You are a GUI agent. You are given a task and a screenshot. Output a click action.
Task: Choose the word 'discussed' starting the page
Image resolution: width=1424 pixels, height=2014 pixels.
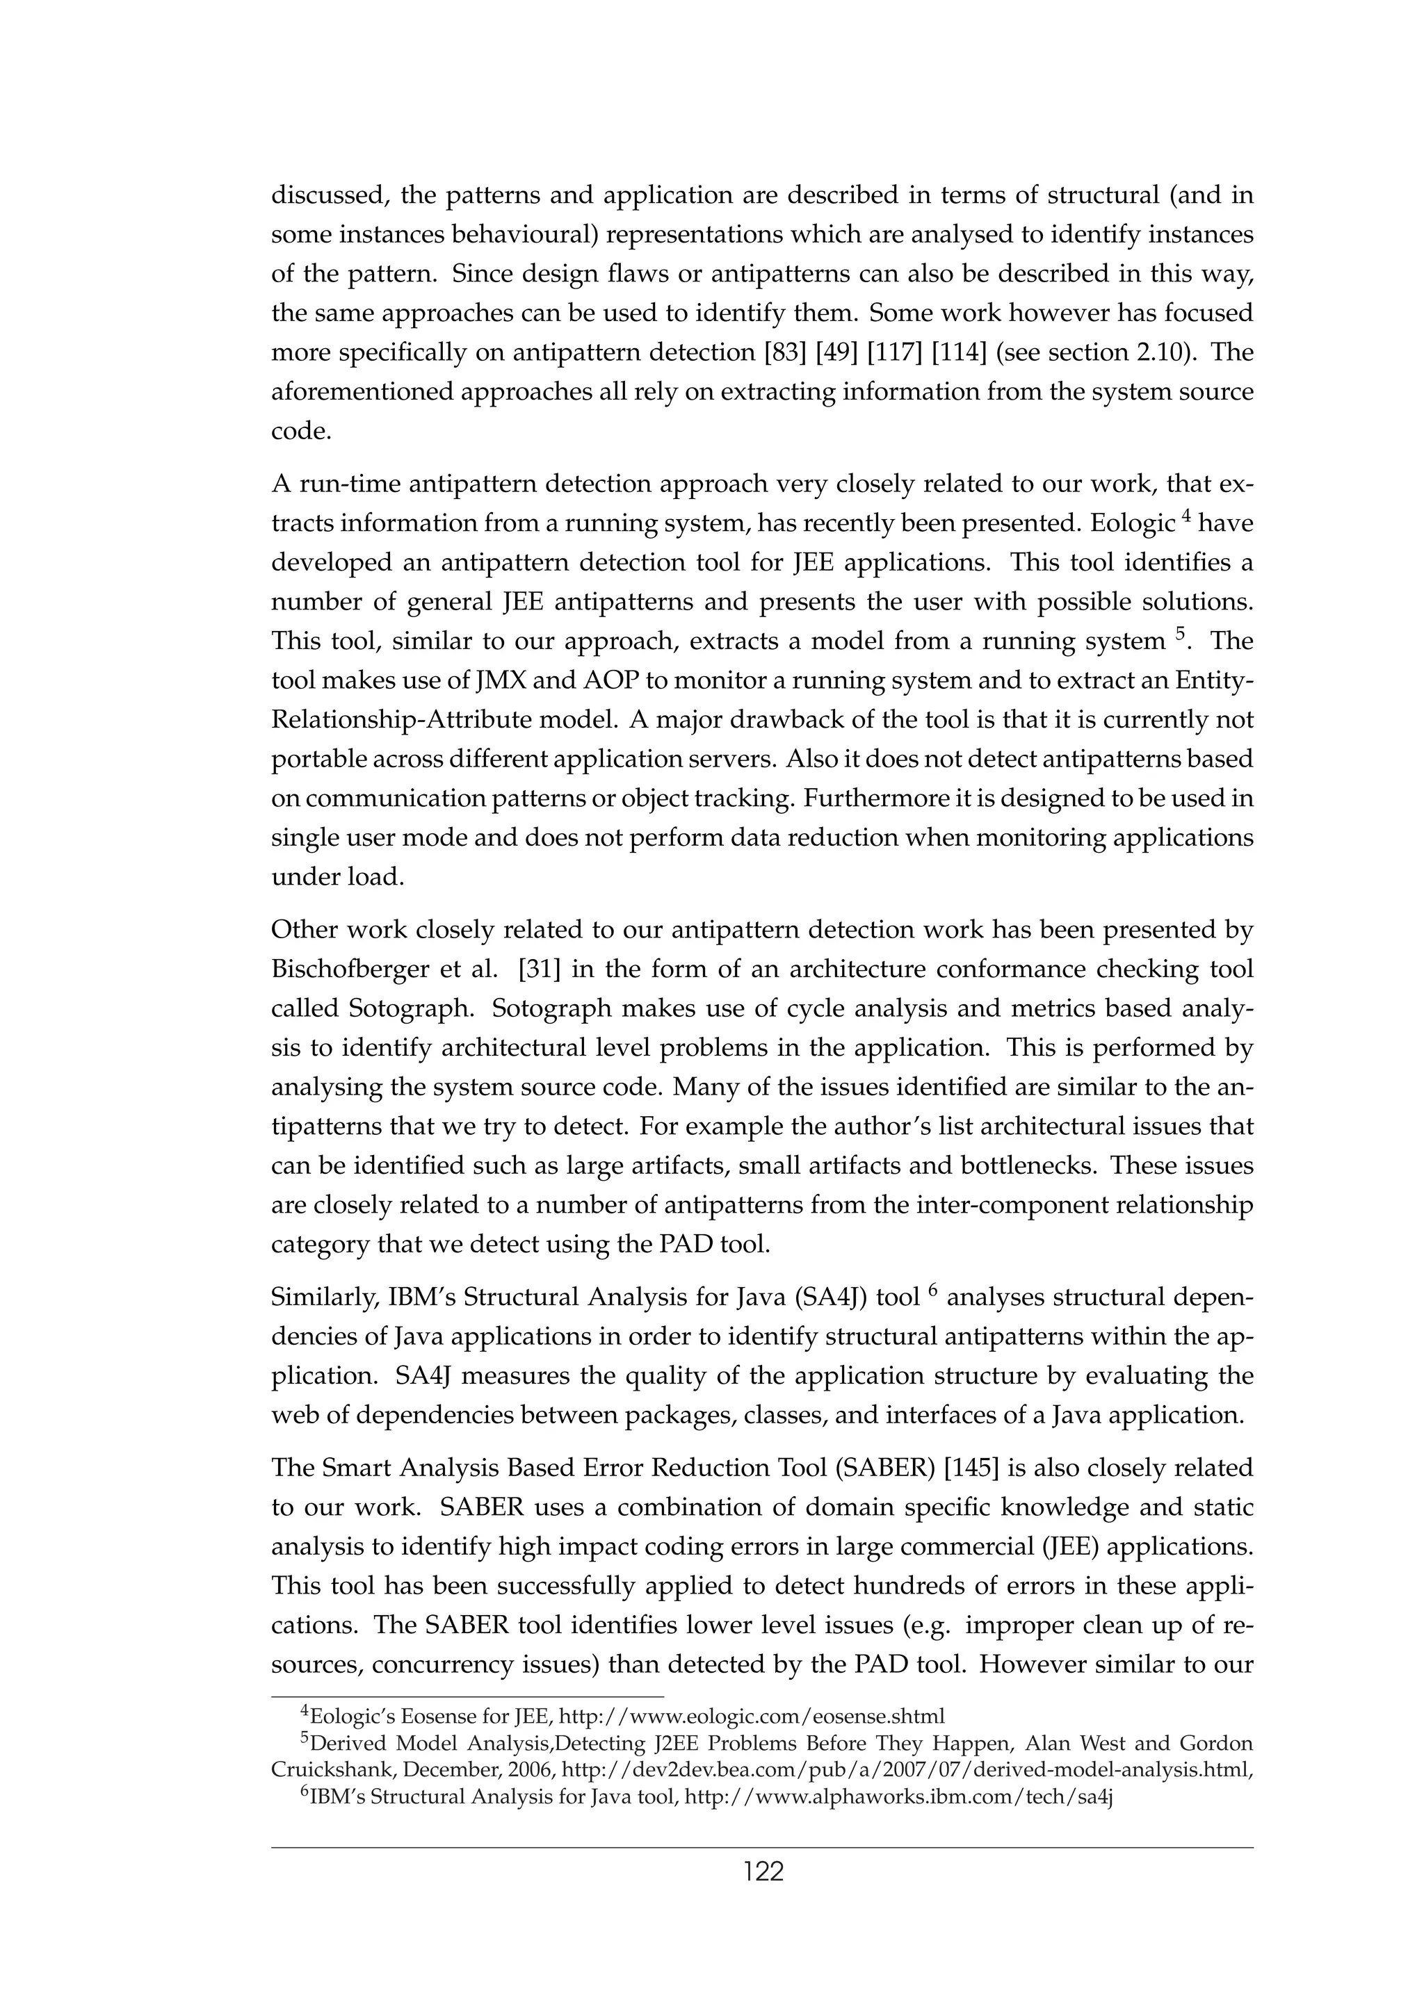tap(328, 195)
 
